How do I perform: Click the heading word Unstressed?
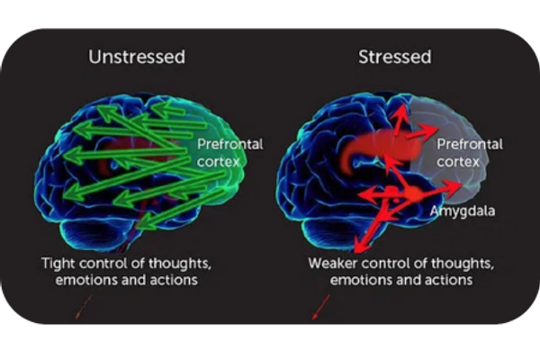[x=136, y=57]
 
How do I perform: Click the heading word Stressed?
[x=394, y=57]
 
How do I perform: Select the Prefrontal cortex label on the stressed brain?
[x=469, y=152]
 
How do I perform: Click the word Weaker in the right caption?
[x=332, y=264]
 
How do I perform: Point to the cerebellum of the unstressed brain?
[x=94, y=235]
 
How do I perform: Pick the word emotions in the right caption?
[x=361, y=280]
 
